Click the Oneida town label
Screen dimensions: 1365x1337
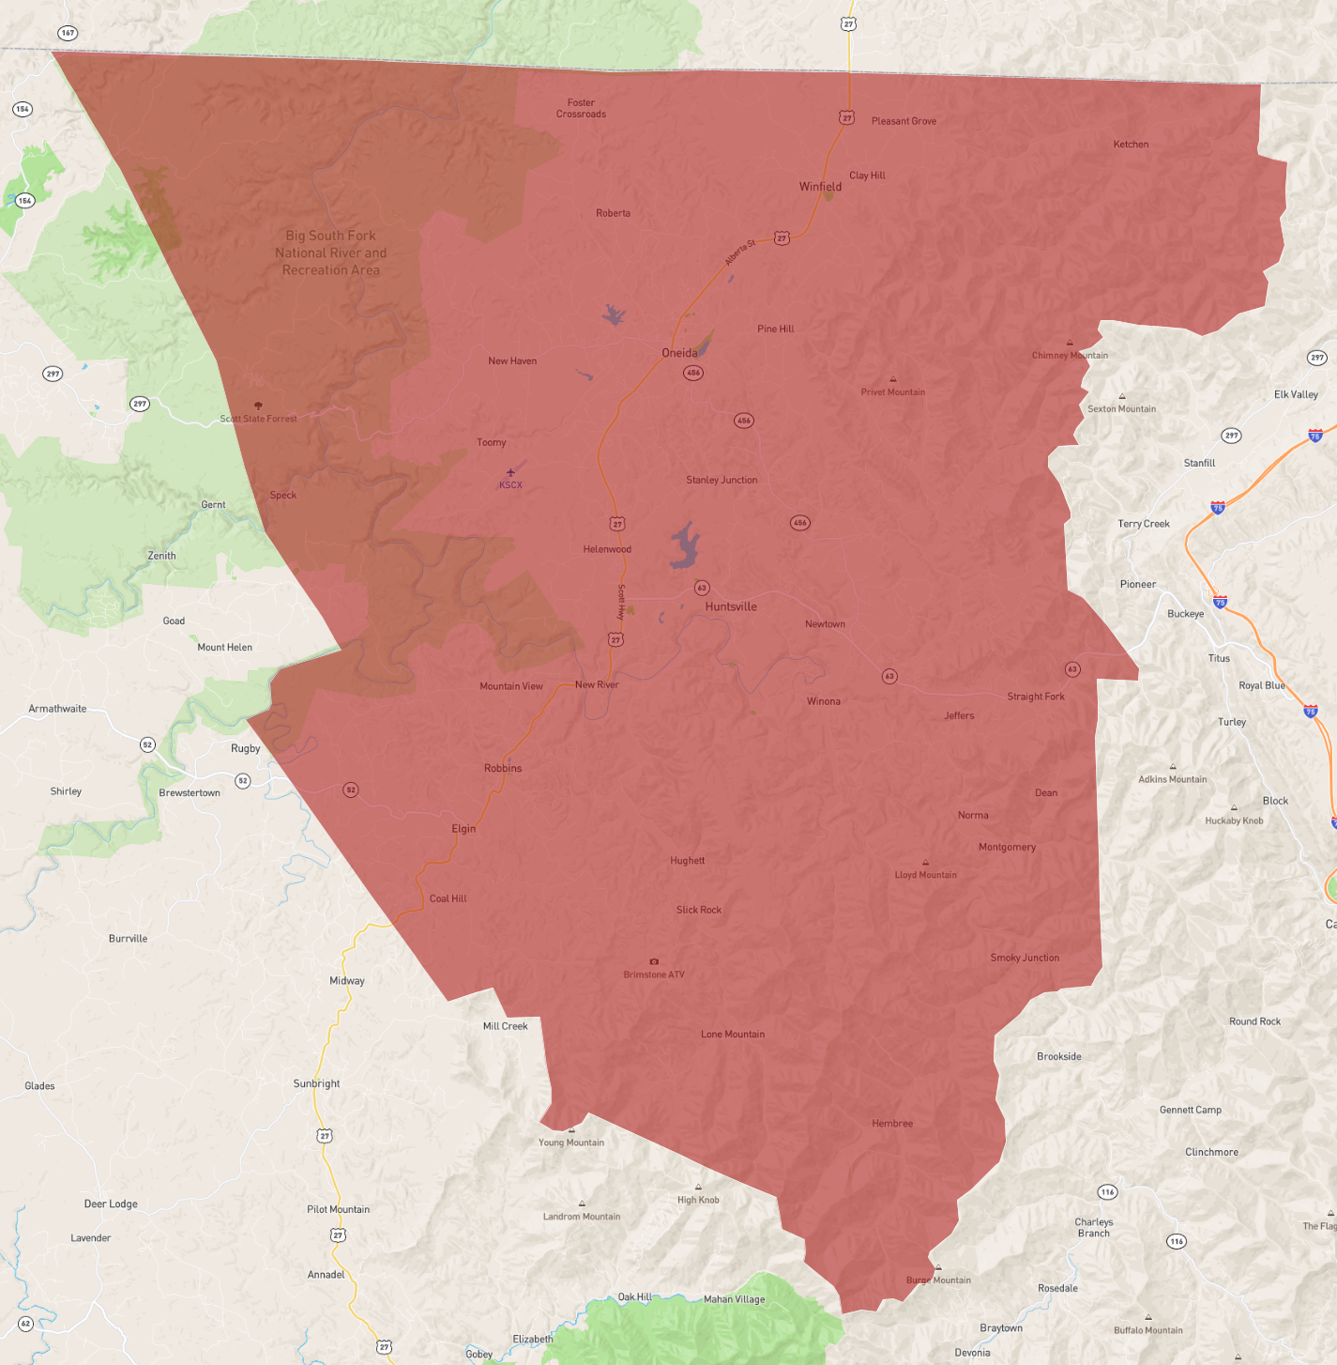coord(679,353)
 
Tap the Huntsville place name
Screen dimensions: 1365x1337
coord(731,606)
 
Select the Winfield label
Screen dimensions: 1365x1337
coord(820,186)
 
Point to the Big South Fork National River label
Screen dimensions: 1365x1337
coord(330,253)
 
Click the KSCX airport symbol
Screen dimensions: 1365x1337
coord(510,472)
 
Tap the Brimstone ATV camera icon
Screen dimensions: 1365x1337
coord(654,961)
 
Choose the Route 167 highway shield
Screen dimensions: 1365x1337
coord(68,33)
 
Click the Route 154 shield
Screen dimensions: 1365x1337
coord(23,109)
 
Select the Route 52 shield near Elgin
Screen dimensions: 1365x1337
coord(350,790)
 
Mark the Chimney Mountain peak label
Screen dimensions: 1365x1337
coord(1070,355)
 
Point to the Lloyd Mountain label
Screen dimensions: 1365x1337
coord(925,875)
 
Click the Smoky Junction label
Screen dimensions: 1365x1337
coord(1025,958)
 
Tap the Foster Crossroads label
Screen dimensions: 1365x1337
coord(581,108)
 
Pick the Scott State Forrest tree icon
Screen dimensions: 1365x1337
coord(258,406)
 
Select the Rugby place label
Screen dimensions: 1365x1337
coord(246,748)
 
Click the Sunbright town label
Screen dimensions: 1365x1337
coord(316,1083)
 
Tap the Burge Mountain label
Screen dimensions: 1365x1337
coord(938,1280)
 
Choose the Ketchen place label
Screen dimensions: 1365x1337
coord(1131,145)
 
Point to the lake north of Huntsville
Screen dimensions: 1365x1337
coord(685,545)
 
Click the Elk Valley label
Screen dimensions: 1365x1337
coord(1296,394)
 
